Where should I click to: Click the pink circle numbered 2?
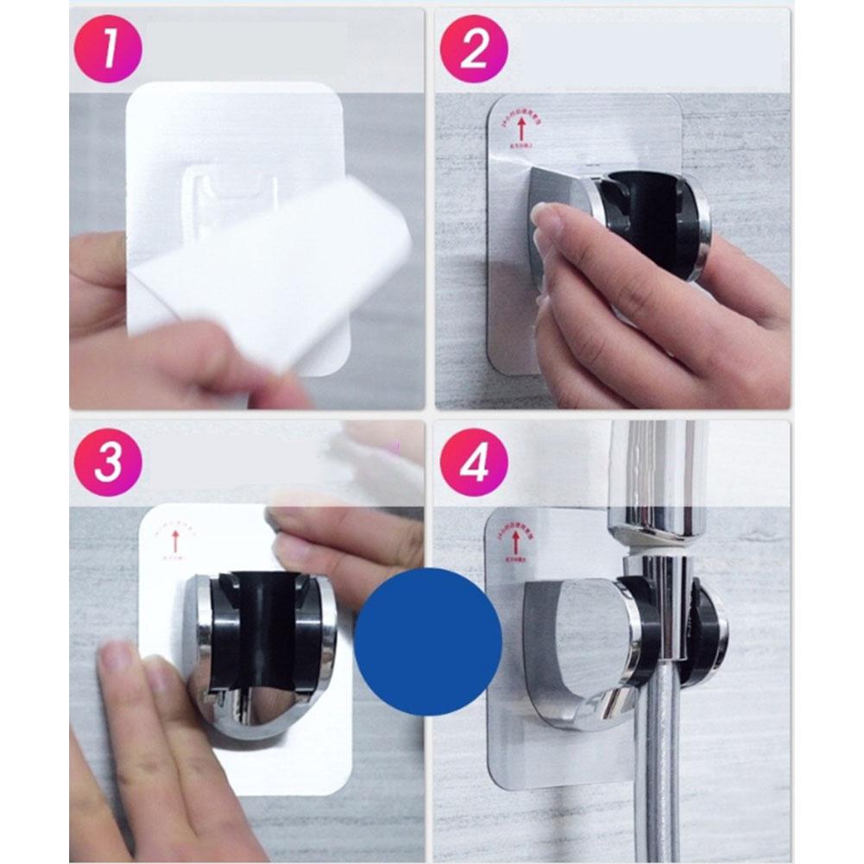(474, 49)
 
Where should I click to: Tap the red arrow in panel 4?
(516, 542)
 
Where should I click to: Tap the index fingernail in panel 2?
(546, 223)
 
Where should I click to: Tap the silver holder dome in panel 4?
(574, 639)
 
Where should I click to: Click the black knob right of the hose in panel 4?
(709, 634)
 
